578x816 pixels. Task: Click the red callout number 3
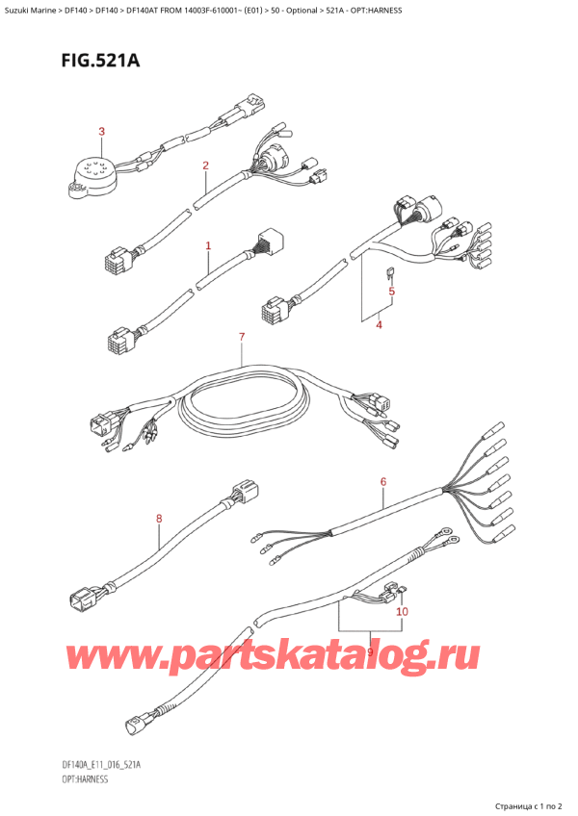102,131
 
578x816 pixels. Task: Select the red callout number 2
205,166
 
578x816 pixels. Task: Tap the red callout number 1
208,246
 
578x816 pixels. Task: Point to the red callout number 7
243,336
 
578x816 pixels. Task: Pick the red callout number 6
382,481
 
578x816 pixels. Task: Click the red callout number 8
160,520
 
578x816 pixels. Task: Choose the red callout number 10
402,611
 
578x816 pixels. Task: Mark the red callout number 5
392,292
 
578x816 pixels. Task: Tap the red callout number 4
379,325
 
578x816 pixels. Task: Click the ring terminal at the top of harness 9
445,530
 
